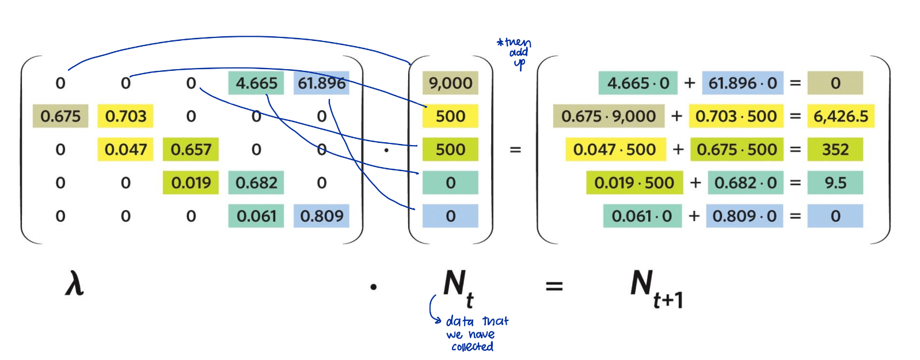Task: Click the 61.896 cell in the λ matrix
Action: (321, 84)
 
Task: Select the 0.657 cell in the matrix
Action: (191, 150)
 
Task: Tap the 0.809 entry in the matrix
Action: (321, 216)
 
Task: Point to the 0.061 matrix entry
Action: (256, 216)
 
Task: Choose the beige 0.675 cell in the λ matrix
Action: (60, 116)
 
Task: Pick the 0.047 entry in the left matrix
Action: (126, 150)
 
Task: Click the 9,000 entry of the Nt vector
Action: (450, 84)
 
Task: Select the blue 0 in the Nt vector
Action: (450, 216)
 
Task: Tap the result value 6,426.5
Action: (841, 116)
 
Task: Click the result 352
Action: (835, 150)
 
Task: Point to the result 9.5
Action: (835, 183)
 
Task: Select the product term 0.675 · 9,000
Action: (609, 116)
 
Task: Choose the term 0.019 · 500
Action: (634, 183)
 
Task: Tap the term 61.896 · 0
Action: (743, 84)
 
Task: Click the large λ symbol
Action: (74, 284)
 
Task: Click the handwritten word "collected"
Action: (472, 347)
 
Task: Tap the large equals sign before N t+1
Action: (554, 286)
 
